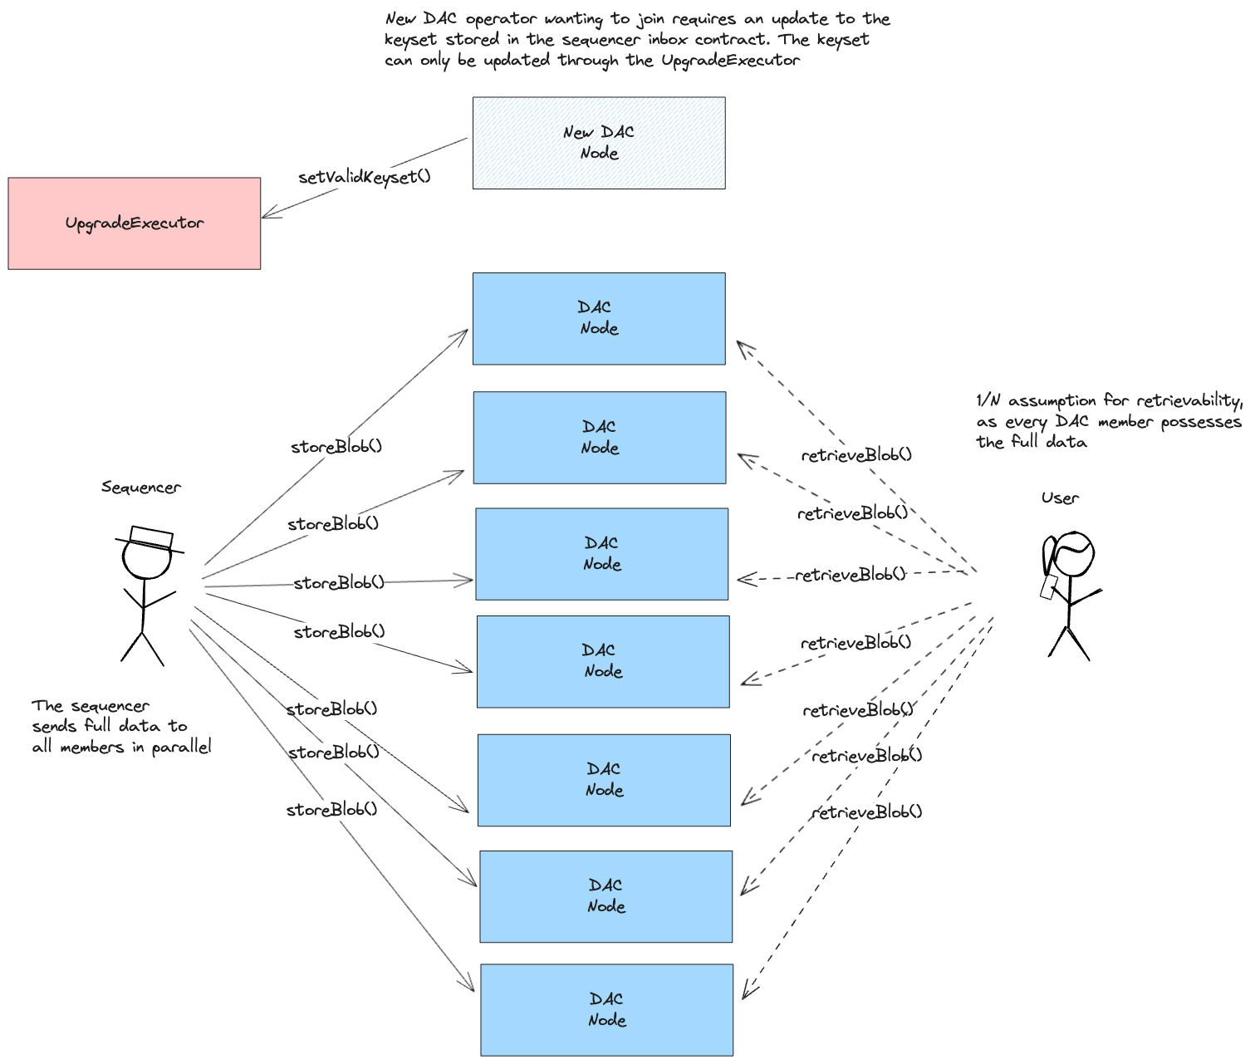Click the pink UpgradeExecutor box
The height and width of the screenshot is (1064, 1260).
(x=135, y=223)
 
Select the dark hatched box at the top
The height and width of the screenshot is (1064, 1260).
(x=599, y=143)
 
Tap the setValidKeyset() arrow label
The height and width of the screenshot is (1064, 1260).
(x=364, y=177)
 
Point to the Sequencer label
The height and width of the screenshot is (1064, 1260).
(x=141, y=488)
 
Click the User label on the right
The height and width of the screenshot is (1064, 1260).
(x=1060, y=498)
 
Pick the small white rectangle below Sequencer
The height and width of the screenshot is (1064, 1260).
(x=151, y=537)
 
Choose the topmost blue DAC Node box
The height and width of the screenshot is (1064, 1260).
(x=599, y=318)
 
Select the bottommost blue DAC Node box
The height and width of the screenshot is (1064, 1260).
(x=607, y=1009)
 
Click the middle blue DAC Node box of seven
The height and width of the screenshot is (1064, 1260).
(x=603, y=661)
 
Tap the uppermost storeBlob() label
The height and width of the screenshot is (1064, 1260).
(x=336, y=447)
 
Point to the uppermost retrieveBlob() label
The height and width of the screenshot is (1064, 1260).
(x=856, y=455)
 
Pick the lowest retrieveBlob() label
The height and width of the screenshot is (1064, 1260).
(x=866, y=812)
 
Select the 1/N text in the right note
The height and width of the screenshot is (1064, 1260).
(x=988, y=401)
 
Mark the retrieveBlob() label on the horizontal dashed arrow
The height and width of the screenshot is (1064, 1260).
(x=850, y=575)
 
